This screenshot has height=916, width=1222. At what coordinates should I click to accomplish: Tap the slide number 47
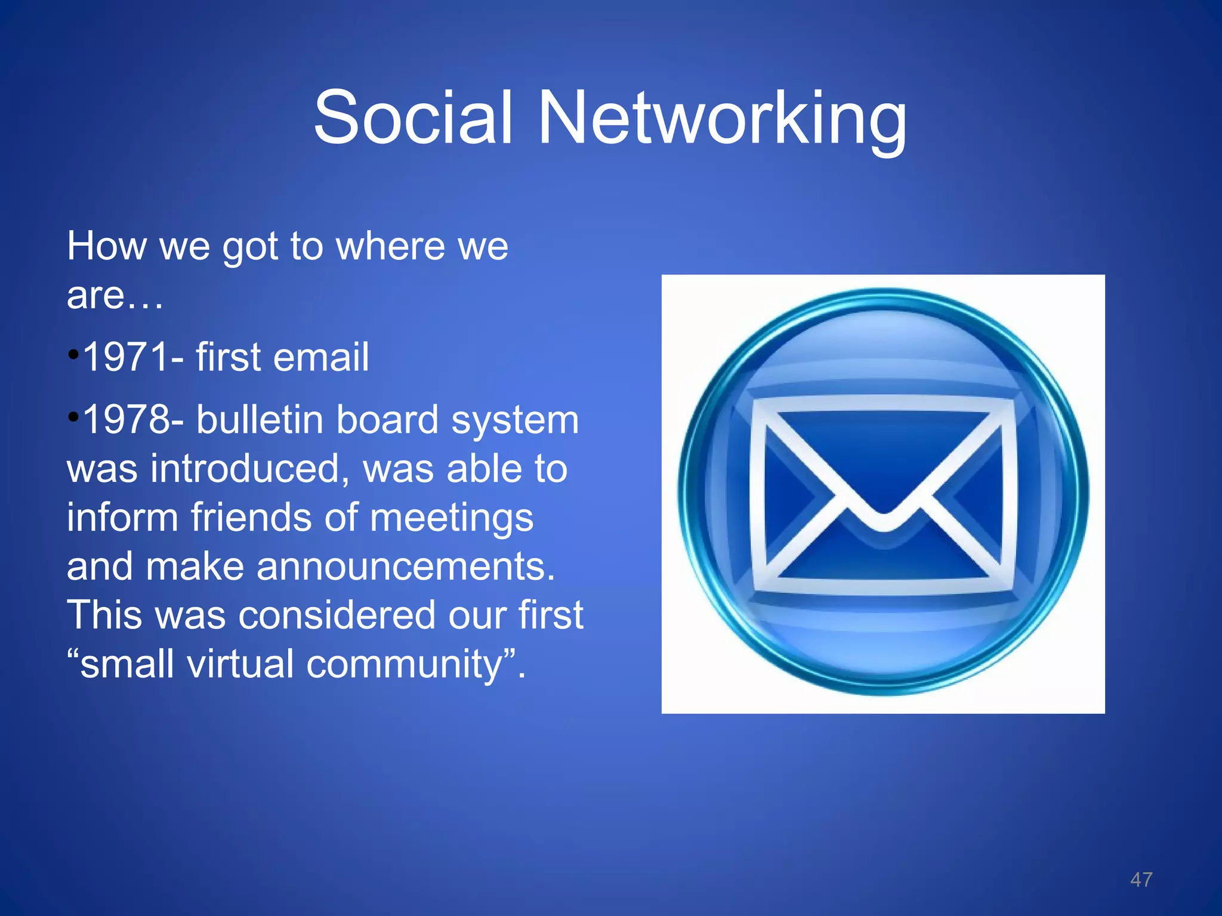coord(1141,880)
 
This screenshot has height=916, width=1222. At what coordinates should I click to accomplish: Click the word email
coord(320,357)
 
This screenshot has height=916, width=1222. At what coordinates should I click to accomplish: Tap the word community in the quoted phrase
coord(405,664)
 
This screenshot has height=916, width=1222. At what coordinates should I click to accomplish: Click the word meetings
coord(451,518)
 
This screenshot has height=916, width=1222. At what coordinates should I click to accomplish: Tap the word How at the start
coord(106,246)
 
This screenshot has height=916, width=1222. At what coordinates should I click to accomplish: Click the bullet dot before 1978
coord(73,417)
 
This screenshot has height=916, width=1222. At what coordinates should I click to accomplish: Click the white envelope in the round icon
coord(883,495)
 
